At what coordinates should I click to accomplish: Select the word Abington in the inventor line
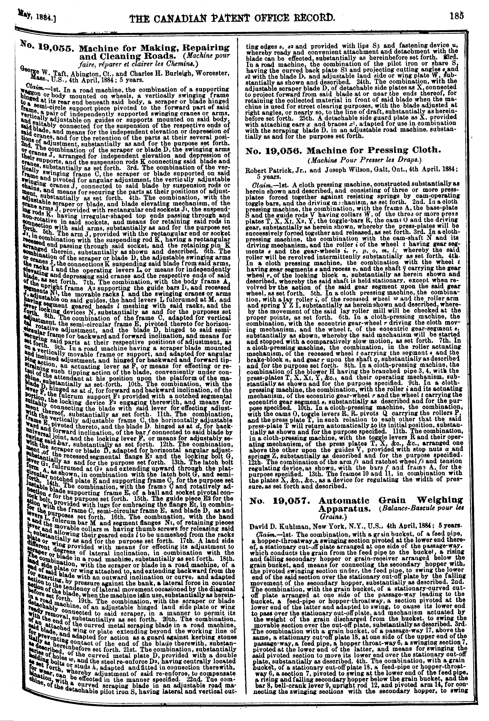click(x=101, y=74)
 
